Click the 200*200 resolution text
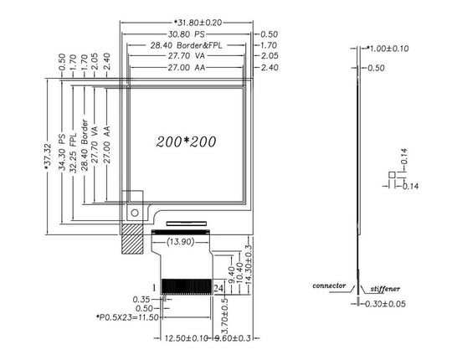coord(186,141)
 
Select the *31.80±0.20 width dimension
coord(198,23)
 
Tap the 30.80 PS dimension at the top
coord(186,34)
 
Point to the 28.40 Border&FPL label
coord(186,45)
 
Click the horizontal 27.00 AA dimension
coord(187,68)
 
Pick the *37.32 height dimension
coord(48,157)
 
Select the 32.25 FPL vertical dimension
coord(73,152)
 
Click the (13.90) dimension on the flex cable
coord(181,242)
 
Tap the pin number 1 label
coord(155,288)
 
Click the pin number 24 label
coord(218,288)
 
